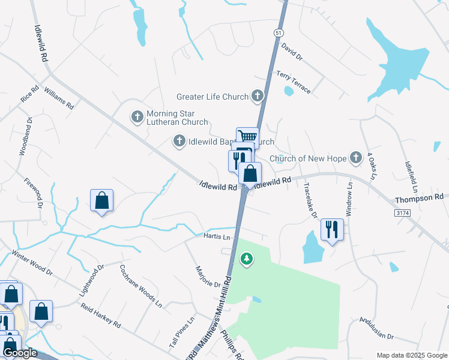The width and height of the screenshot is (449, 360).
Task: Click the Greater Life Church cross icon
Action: [x=258, y=96]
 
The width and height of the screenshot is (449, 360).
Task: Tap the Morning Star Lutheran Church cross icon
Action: [x=137, y=117]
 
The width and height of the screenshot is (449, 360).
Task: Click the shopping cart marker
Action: [x=247, y=137]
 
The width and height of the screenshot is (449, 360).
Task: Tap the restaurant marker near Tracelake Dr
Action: [x=331, y=228]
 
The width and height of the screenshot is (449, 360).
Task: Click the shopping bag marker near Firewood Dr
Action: [x=102, y=201]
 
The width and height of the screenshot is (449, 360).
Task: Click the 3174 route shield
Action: [x=402, y=213]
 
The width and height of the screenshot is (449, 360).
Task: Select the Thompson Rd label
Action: [x=419, y=197]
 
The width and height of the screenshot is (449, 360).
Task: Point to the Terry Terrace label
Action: [x=294, y=82]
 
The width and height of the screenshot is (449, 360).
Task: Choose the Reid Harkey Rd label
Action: [x=101, y=316]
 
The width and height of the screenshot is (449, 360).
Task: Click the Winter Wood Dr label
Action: [x=32, y=262]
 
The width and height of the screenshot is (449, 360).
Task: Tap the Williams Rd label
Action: [x=59, y=97]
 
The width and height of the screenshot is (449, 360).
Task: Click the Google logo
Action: [x=20, y=353]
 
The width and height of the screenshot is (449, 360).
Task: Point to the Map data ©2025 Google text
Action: [x=411, y=355]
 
